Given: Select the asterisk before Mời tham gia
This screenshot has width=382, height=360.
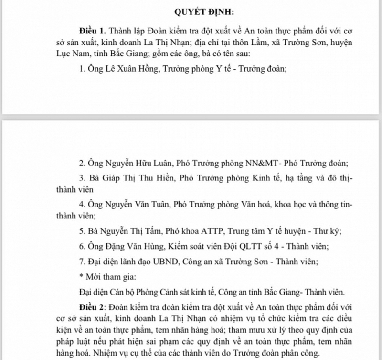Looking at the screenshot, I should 81,276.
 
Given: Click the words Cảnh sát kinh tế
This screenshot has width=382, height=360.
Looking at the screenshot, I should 184,292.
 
